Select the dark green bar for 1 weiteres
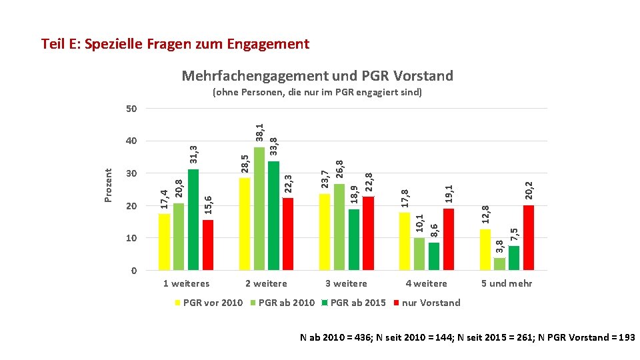point(193,219)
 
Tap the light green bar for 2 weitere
point(259,208)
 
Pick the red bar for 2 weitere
point(288,234)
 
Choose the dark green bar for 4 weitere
point(434,256)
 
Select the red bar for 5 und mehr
point(529,237)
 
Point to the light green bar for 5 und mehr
point(500,264)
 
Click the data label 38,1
point(260,132)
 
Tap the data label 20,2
point(529,190)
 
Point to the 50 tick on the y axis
point(131,109)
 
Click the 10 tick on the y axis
point(131,238)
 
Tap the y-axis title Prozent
point(109,185)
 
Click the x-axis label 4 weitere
point(427,283)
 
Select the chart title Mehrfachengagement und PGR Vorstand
point(317,76)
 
